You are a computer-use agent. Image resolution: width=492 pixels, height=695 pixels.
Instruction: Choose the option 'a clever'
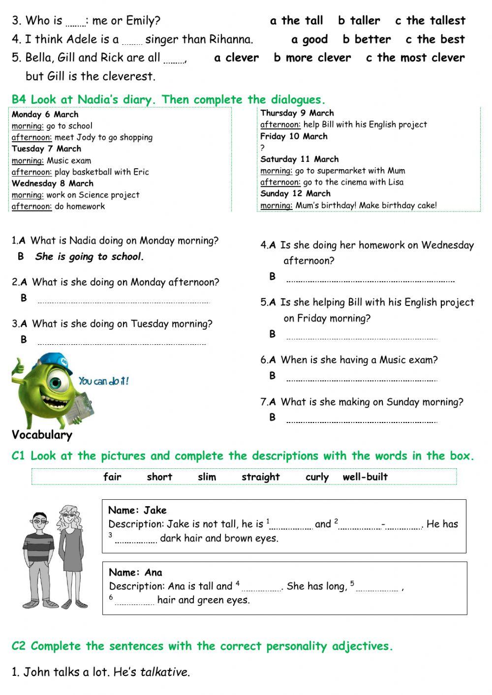pos(236,58)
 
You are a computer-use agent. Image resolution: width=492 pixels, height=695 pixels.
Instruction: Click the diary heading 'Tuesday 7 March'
pos(46,149)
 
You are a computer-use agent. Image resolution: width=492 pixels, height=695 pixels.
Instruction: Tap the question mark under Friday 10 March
pos(263,148)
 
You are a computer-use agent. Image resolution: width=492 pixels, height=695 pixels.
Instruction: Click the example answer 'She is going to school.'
pos(90,256)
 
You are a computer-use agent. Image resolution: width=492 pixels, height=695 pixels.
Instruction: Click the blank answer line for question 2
pos(123,301)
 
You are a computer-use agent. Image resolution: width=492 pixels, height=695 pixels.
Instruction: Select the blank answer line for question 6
pos(362,379)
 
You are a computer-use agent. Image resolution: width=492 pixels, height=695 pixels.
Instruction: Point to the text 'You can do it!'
pos(103,381)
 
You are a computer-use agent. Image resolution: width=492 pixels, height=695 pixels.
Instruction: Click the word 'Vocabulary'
pos(42,435)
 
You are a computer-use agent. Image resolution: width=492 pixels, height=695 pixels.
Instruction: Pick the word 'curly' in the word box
pos(316,477)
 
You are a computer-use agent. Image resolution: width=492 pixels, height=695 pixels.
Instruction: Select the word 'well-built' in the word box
pos(365,477)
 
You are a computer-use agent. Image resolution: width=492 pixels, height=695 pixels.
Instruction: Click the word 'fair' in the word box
pos(112,477)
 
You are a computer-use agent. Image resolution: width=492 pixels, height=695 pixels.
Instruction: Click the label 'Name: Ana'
pos(135,573)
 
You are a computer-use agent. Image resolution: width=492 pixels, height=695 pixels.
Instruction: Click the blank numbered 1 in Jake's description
pos(291,527)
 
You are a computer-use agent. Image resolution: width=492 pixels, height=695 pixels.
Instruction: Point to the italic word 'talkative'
pos(164,672)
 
